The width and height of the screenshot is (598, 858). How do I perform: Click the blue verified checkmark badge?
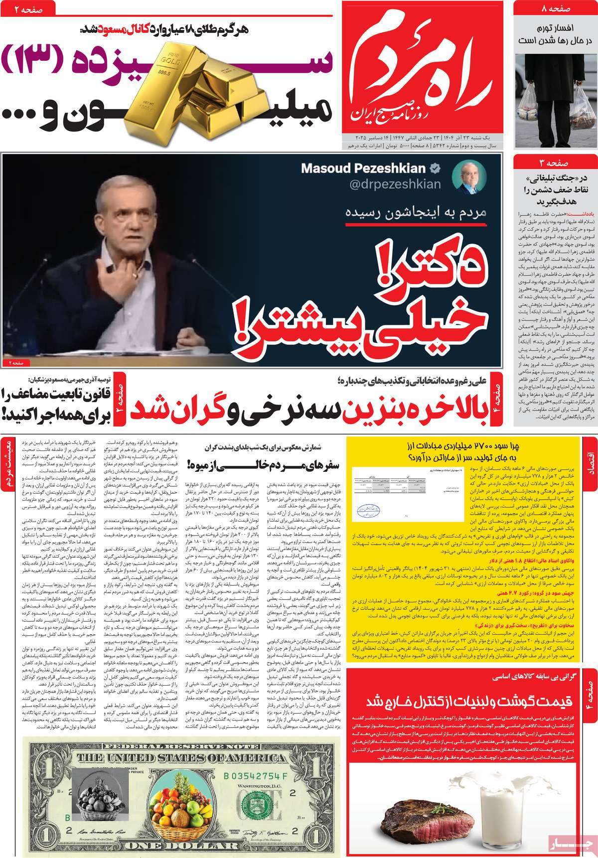435,168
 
